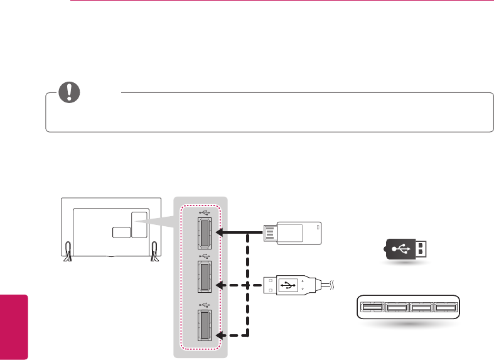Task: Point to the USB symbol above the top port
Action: pos(201,210)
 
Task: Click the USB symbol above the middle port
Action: pos(201,256)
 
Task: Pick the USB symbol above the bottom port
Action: pos(201,305)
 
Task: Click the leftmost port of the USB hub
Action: pos(371,307)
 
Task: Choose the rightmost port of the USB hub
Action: pos(445,307)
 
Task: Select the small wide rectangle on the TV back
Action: pos(121,232)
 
